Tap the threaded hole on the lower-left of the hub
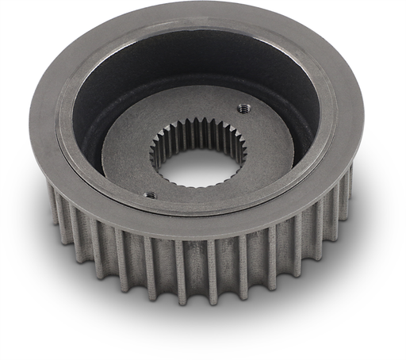pos(149,194)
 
